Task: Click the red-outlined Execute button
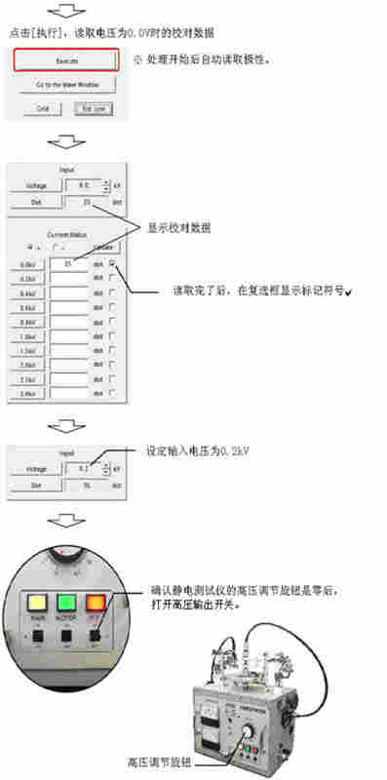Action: (66, 59)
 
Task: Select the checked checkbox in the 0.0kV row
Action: (113, 263)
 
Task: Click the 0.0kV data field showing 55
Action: (68, 263)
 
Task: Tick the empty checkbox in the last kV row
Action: (113, 394)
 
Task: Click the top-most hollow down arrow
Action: (65, 12)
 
